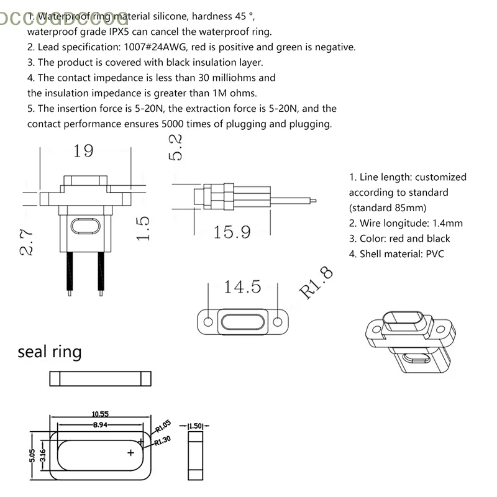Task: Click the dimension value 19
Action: [83, 151]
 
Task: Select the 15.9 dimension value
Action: [232, 232]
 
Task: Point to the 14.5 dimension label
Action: [243, 286]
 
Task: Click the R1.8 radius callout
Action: [316, 283]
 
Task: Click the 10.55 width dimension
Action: [101, 414]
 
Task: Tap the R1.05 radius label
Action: [162, 428]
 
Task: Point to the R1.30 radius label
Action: [163, 440]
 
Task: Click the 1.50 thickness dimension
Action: [196, 426]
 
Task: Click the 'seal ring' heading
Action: [50, 352]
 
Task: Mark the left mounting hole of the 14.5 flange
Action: [208, 321]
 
